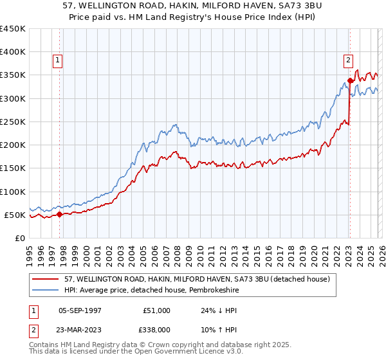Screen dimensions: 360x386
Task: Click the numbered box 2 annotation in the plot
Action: [x=348, y=60]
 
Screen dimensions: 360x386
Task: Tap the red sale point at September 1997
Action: [x=60, y=215]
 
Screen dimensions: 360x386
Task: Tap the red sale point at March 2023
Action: [x=350, y=81]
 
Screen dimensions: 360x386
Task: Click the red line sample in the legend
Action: [x=46, y=279]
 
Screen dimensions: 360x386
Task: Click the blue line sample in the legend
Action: [x=46, y=290]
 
